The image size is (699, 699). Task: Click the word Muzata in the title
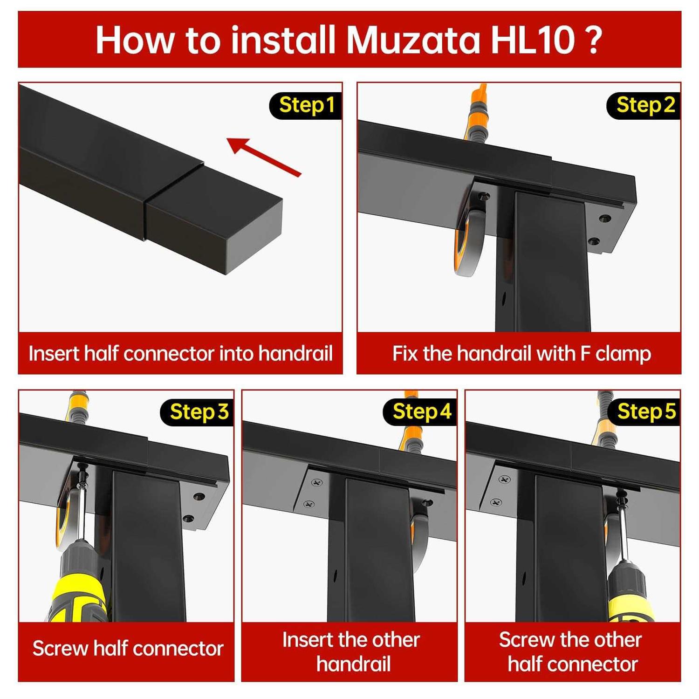[x=413, y=40]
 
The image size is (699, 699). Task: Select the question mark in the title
[x=593, y=40]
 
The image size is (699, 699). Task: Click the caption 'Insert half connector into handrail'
[x=180, y=354]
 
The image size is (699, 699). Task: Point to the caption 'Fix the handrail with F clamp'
[x=521, y=354]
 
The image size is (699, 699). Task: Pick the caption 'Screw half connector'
[x=128, y=649]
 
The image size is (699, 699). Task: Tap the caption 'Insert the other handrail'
[x=351, y=652]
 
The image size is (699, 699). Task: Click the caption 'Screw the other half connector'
[x=571, y=652]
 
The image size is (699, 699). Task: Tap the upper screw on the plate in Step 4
[x=317, y=482]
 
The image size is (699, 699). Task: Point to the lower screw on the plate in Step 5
[x=496, y=502]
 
